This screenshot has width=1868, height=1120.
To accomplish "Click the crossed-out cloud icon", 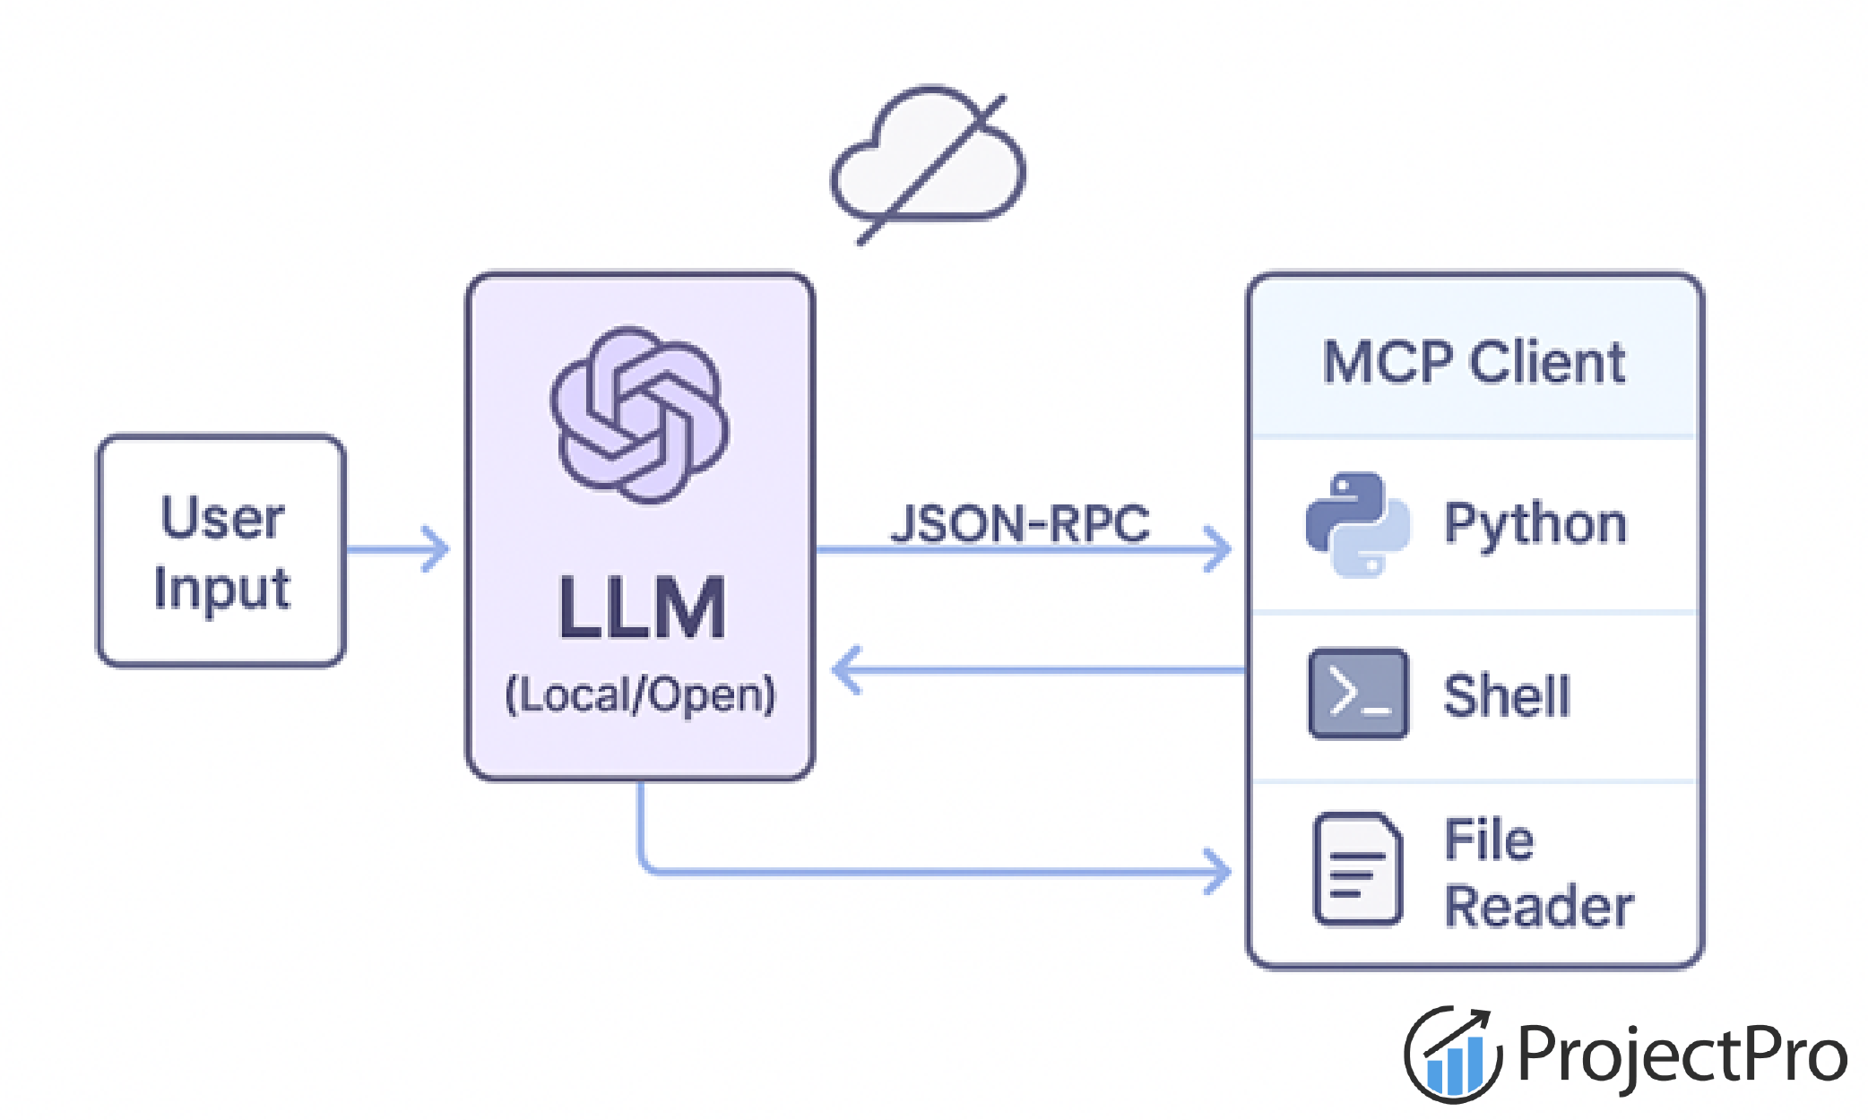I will tap(929, 162).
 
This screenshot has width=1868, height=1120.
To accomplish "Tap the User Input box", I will tap(221, 551).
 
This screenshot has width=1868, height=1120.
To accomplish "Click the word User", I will tap(222, 517).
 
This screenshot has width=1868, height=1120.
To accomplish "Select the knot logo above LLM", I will tap(640, 415).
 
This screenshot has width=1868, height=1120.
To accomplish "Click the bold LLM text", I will tap(641, 608).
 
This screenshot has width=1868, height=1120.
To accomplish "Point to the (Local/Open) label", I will tap(640, 695).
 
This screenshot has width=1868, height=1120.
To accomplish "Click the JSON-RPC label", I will tap(1019, 523).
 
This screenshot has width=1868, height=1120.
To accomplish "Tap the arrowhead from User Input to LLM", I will tap(436, 549).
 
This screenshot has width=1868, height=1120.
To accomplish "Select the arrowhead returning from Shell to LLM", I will tap(846, 670).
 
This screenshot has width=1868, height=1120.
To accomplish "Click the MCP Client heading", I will tap(1474, 363).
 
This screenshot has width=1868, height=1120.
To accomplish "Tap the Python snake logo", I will tap(1357, 525).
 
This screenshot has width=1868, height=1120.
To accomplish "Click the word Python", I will tap(1535, 524).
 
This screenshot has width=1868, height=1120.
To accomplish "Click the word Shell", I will tap(1507, 696).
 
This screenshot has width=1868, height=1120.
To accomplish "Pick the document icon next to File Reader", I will tap(1357, 869).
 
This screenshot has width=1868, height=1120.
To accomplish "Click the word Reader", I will tap(1538, 907).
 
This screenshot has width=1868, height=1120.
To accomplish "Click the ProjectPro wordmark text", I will tap(1682, 1055).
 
